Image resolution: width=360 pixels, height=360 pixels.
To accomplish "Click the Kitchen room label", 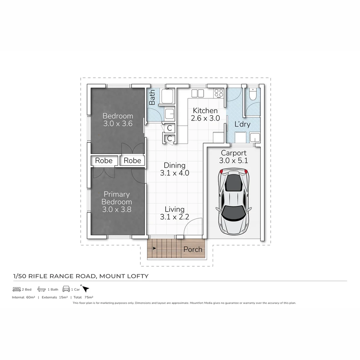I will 205,111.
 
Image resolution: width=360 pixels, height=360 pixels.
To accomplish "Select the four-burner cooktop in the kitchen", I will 219,93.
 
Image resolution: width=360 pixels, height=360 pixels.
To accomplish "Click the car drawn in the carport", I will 233,201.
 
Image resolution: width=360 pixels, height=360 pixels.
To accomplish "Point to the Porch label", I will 193,249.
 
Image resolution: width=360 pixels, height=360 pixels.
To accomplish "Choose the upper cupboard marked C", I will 169,128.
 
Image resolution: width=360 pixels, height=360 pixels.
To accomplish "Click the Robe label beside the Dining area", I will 132,161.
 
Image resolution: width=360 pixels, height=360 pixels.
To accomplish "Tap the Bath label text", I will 152,97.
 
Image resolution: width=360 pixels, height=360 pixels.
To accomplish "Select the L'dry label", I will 242,125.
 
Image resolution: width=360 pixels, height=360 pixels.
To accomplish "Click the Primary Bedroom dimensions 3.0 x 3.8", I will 117,209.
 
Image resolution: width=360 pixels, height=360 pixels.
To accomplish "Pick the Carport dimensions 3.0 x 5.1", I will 233,160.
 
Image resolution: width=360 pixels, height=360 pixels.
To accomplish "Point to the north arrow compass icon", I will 86,289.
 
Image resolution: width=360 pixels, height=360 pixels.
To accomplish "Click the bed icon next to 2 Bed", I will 17,289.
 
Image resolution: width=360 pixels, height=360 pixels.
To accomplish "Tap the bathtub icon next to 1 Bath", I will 42,289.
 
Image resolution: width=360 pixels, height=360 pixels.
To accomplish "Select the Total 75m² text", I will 83,297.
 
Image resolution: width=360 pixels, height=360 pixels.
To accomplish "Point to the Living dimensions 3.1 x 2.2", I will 175,217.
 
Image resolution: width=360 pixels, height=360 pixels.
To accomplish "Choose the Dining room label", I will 174,165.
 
